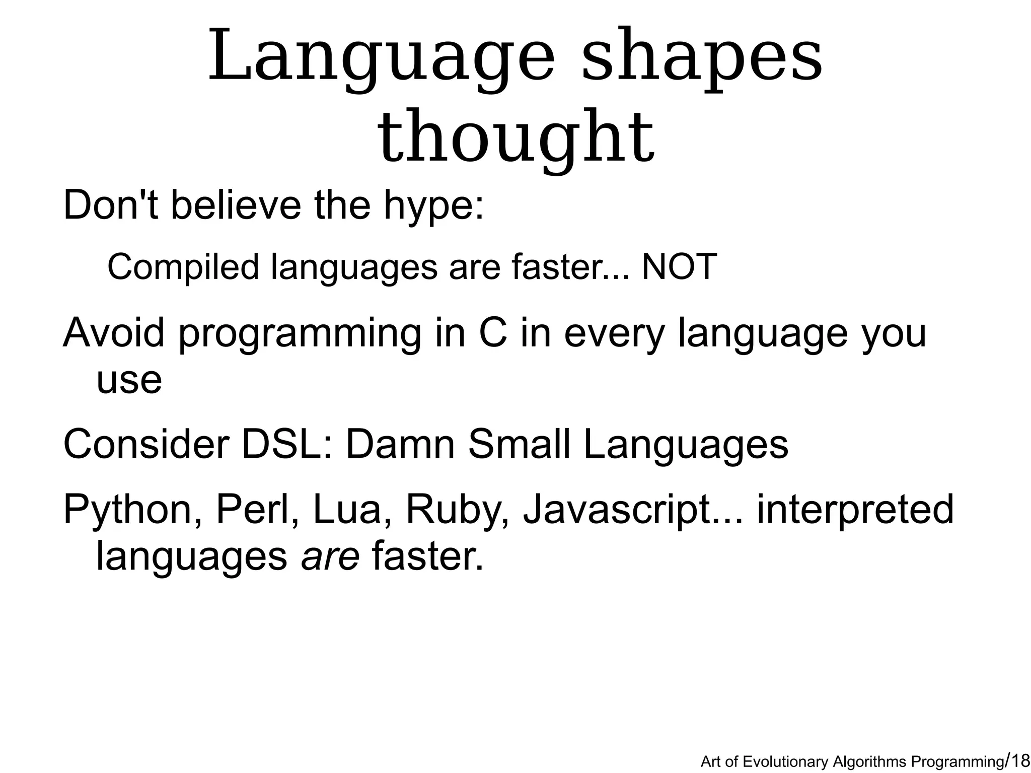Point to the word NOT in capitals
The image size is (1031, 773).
[x=679, y=267]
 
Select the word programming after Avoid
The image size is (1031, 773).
[x=300, y=334]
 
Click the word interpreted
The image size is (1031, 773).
[x=855, y=510]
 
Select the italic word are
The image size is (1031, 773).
[x=330, y=557]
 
